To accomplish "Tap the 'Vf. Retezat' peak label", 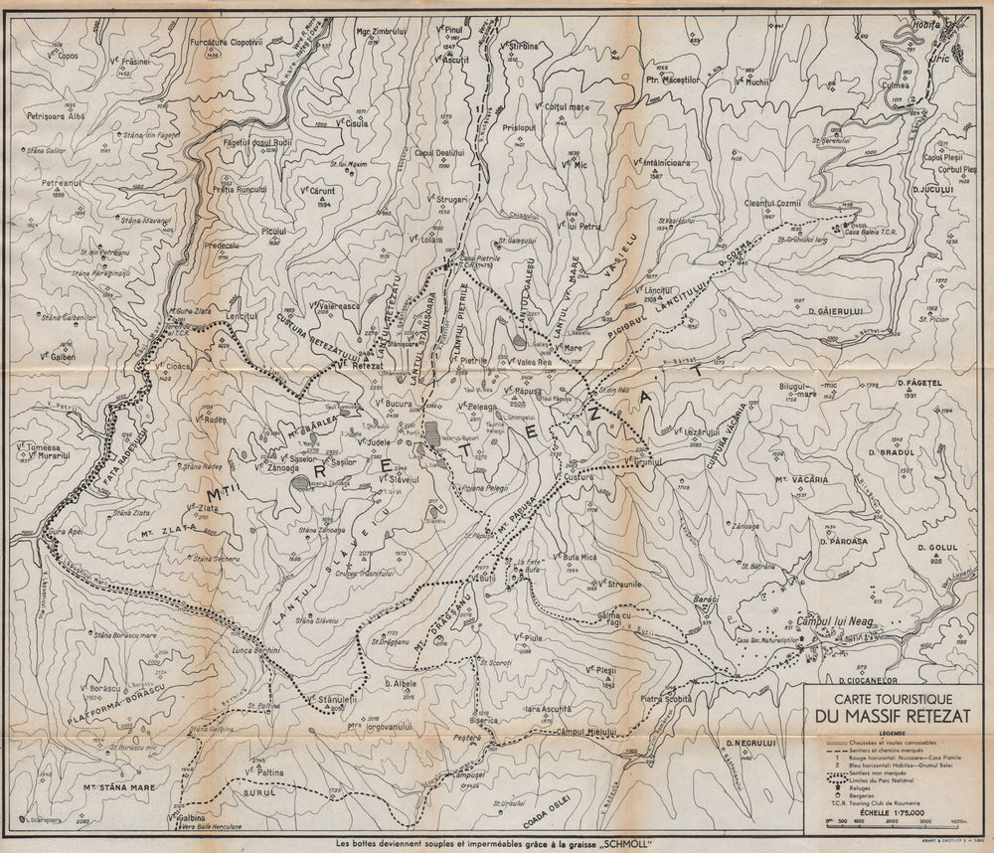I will point(360,366).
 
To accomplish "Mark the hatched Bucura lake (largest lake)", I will point(434,434).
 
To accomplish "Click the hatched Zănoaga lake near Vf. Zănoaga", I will point(301,482).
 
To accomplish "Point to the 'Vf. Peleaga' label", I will point(476,408).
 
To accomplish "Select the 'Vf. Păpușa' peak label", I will point(521,391).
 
